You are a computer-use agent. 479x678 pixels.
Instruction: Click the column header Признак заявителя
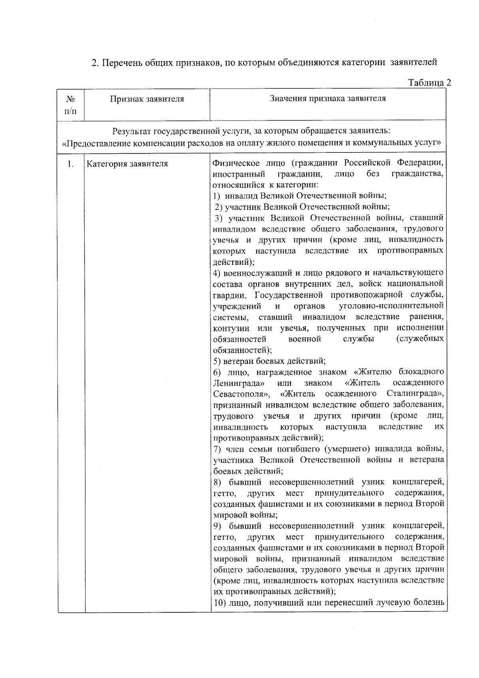click(147, 99)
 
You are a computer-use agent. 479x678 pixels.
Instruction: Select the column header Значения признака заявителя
click(328, 99)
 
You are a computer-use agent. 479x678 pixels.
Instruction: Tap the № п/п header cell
click(71, 105)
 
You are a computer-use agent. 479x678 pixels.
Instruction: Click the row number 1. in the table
click(71, 164)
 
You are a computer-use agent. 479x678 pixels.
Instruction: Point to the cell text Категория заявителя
click(127, 164)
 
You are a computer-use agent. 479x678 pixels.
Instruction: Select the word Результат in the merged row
click(132, 131)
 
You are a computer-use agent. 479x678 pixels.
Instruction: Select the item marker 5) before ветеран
click(217, 361)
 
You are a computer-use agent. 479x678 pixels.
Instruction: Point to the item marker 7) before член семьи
click(217, 449)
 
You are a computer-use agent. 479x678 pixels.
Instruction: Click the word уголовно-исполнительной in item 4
click(391, 306)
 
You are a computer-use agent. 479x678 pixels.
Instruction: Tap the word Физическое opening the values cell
click(234, 163)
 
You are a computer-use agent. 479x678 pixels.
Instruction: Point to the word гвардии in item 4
click(226, 295)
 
